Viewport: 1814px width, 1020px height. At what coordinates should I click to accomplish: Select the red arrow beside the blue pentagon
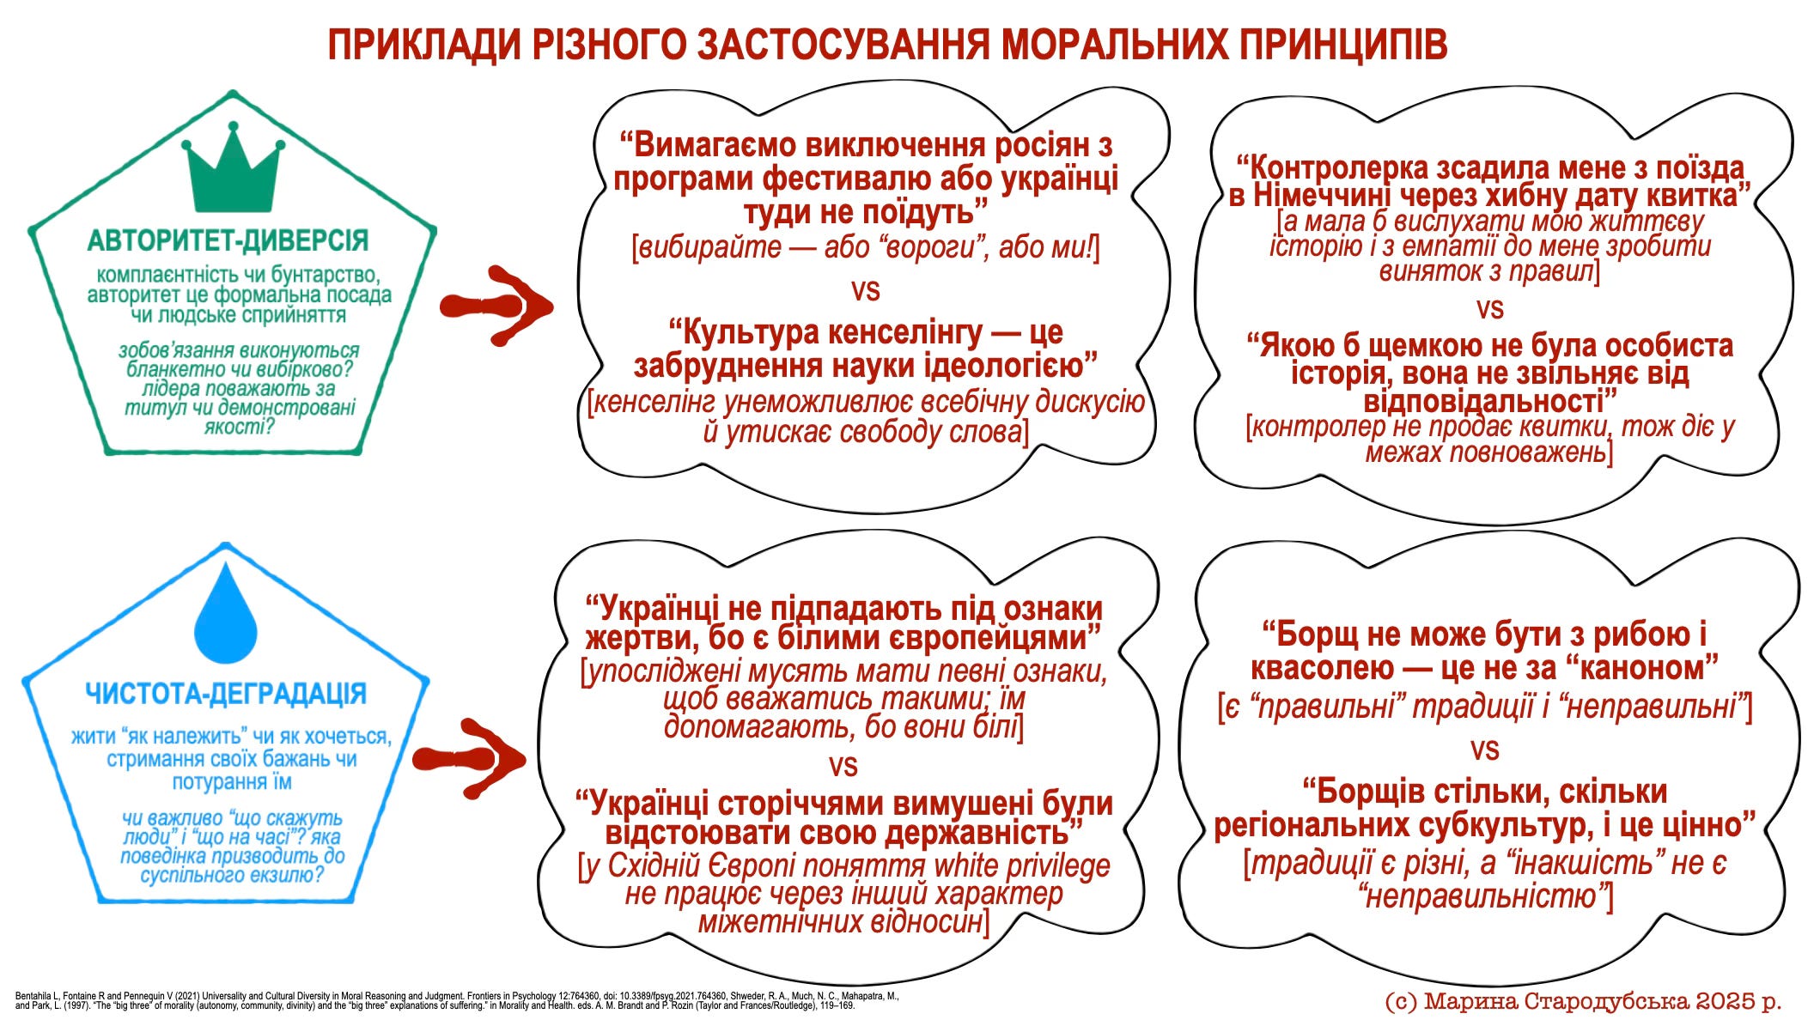(x=469, y=759)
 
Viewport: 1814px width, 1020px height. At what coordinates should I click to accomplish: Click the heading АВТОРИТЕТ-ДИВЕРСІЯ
(x=228, y=240)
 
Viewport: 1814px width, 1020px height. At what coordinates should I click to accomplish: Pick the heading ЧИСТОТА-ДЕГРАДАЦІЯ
(x=226, y=694)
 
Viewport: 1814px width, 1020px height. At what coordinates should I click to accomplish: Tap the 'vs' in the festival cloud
(x=865, y=290)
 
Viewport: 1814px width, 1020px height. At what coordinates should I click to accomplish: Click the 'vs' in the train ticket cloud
(x=1489, y=308)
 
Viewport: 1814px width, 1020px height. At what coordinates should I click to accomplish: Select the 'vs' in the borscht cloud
(x=1484, y=750)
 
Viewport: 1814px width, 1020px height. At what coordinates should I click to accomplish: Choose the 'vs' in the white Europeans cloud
(x=843, y=765)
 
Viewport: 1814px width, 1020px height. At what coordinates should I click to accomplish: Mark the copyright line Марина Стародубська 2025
(x=1583, y=1001)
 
